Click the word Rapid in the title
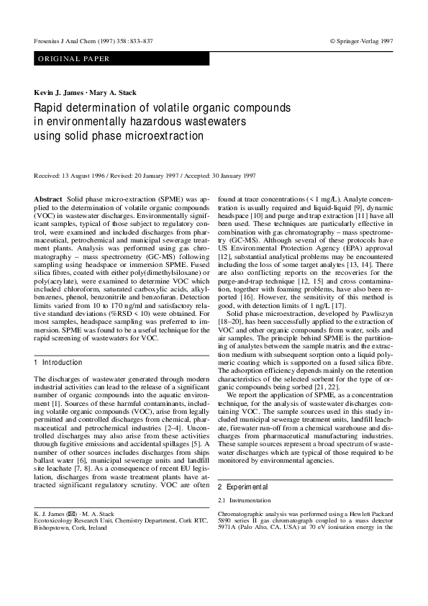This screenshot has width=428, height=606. click(50, 108)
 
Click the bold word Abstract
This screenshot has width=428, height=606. click(48, 198)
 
